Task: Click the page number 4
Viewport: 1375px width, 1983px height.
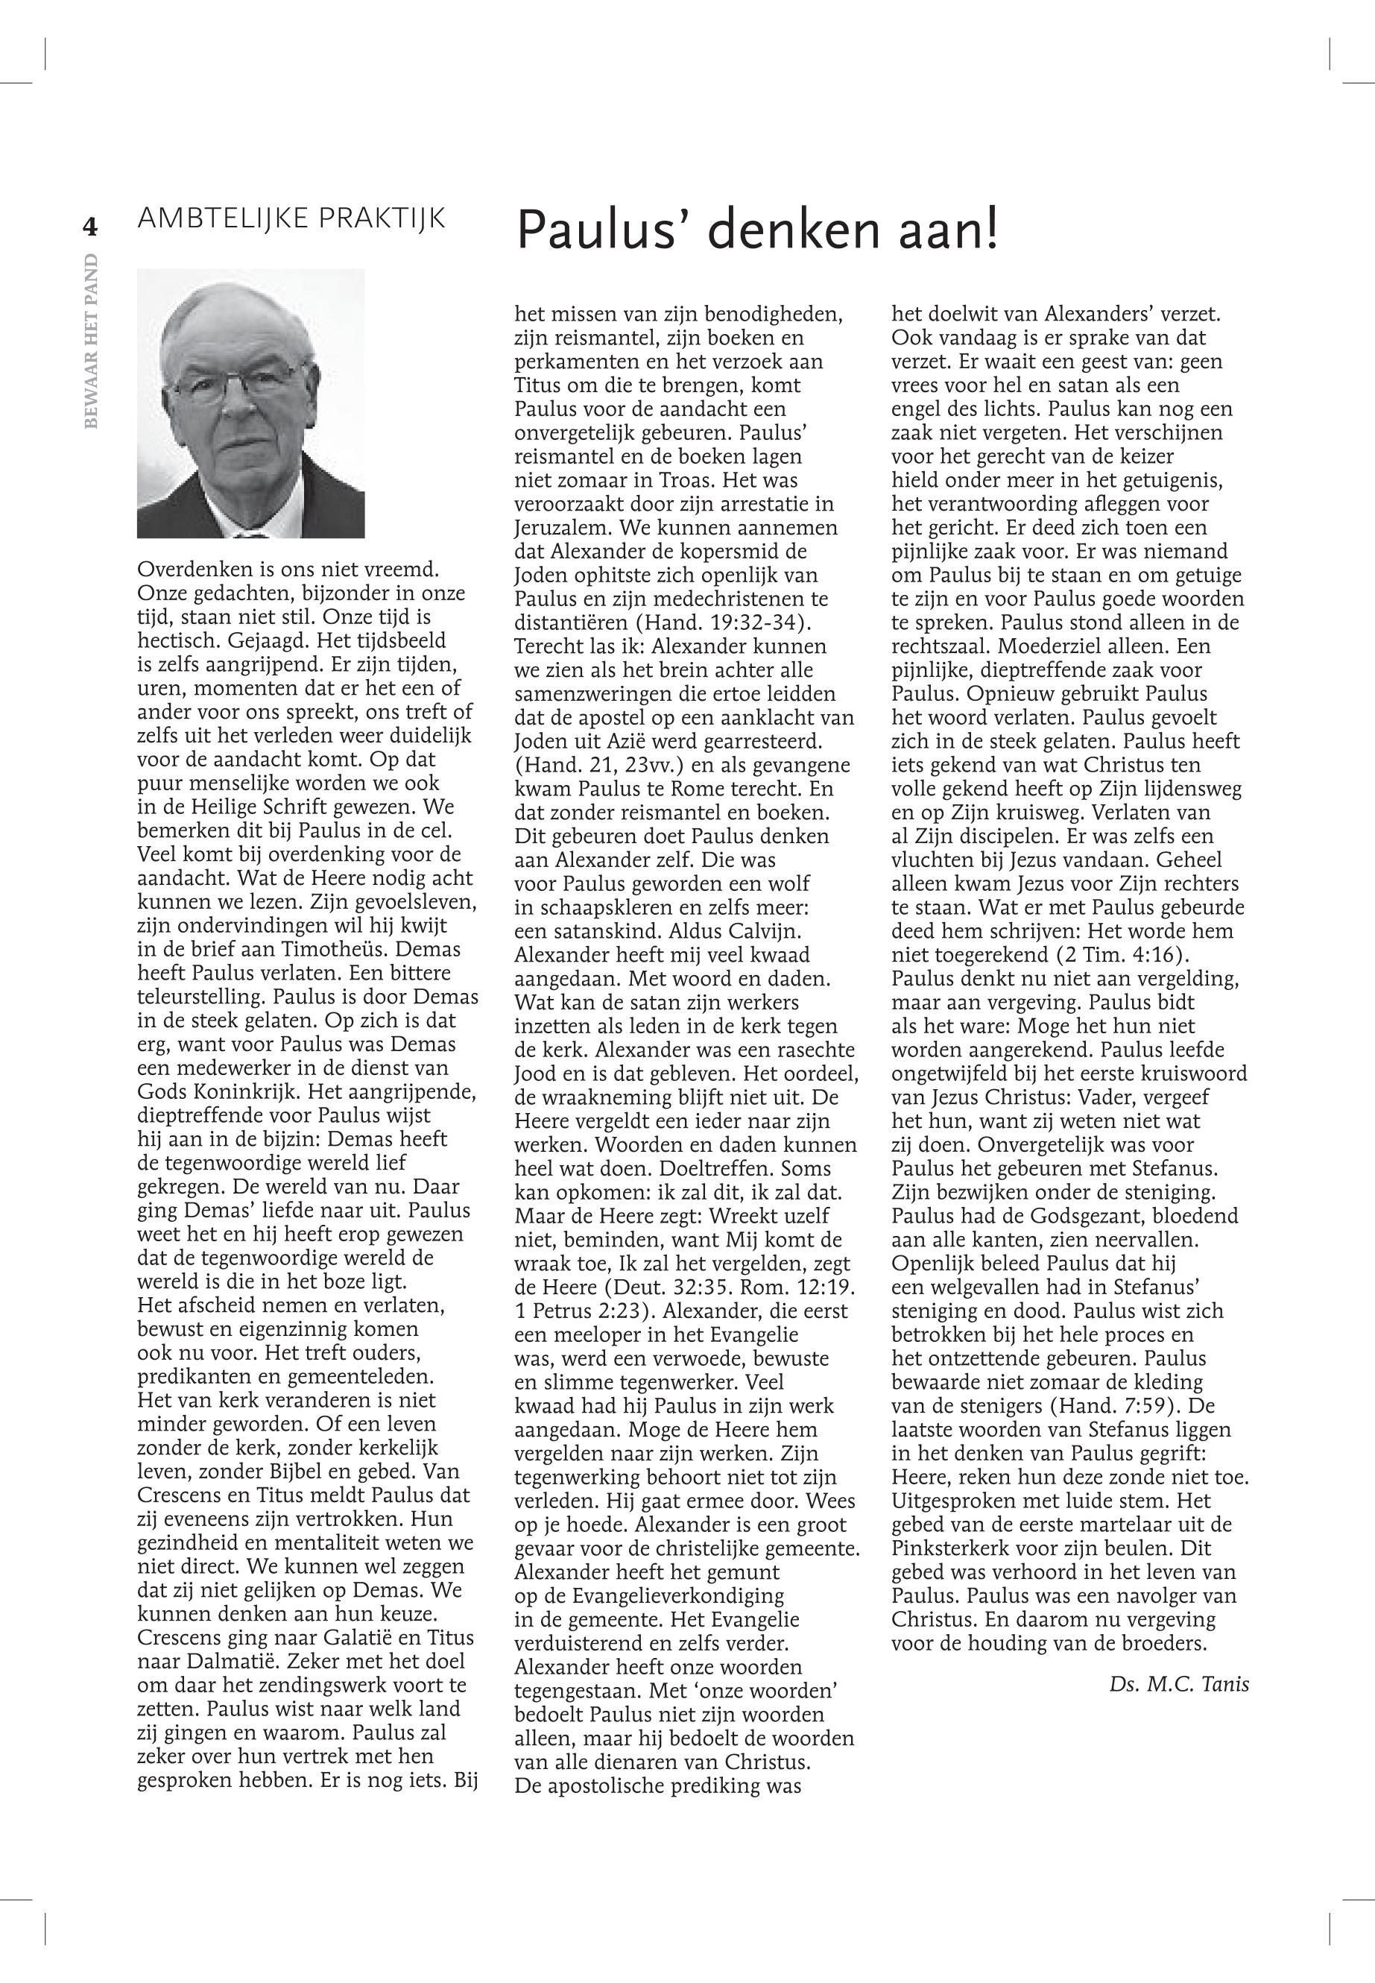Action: tap(89, 227)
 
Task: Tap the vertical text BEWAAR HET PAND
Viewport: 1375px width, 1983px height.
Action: tap(92, 341)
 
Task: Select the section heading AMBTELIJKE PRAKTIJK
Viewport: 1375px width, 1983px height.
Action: tap(292, 219)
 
